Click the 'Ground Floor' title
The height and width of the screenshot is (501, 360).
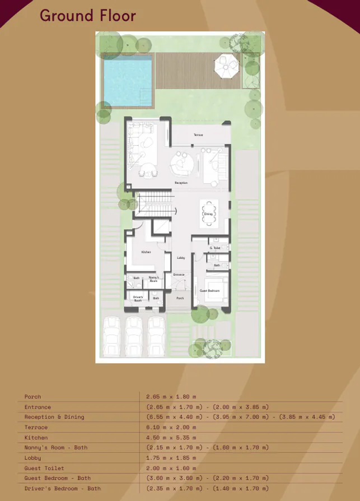coord(88,15)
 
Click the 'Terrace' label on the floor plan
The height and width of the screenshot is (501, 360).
coord(198,135)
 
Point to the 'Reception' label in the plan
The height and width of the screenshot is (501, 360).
coord(181,183)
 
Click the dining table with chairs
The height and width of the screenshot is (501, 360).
coord(209,214)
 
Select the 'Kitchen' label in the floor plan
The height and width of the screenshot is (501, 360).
coord(146,252)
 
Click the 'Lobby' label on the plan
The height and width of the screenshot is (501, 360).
coord(181,258)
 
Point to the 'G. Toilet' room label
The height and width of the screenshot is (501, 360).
coord(215,248)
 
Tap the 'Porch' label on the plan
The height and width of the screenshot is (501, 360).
coord(180,298)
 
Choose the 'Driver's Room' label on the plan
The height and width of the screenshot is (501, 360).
coord(138,298)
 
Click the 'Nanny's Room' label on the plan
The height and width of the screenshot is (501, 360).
coord(154,279)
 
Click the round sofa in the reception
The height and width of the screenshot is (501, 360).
coord(183,164)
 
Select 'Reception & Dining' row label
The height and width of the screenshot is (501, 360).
coord(54,417)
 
